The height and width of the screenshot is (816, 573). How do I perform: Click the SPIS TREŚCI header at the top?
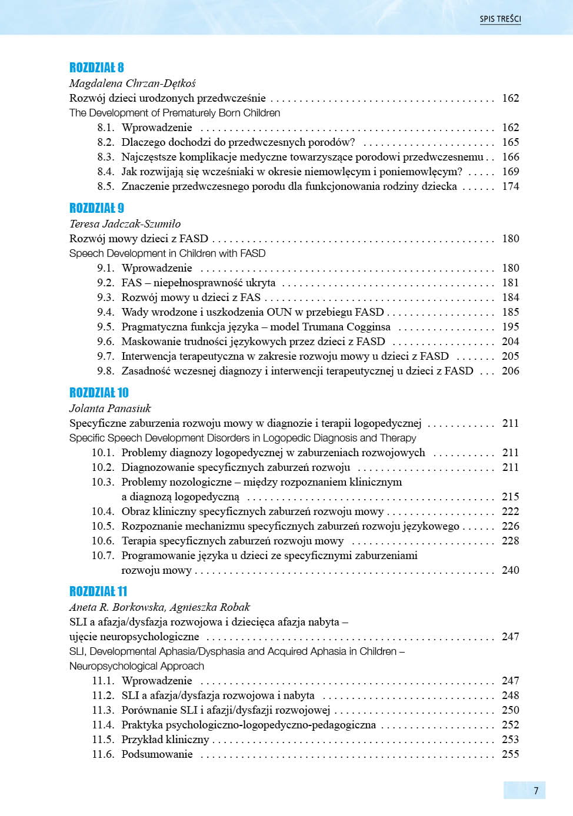tap(500, 19)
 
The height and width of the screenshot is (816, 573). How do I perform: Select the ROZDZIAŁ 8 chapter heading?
tap(96, 68)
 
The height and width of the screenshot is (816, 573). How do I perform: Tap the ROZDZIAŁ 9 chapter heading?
tap(96, 208)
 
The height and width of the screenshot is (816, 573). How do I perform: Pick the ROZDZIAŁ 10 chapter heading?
tap(99, 393)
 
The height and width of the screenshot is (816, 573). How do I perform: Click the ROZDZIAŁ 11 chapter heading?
tap(98, 591)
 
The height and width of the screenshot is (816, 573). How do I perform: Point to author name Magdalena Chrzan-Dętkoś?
tap(132, 83)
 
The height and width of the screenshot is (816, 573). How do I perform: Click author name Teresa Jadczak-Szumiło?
tap(125, 224)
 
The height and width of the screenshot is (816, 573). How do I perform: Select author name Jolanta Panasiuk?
tap(110, 409)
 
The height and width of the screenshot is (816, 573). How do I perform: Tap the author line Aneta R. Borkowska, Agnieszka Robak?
tap(159, 607)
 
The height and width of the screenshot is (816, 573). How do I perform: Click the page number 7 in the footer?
tap(536, 791)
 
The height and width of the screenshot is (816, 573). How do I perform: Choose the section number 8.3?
tap(106, 157)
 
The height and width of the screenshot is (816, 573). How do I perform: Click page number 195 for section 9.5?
tap(510, 327)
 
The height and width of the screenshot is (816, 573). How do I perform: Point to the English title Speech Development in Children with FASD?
tap(167, 253)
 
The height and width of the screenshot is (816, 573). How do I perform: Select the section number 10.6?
tap(103, 541)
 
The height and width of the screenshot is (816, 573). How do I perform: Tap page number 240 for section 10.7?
tap(510, 570)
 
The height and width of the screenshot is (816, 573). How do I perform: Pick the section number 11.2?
tap(103, 695)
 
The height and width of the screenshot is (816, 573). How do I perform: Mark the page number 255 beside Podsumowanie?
tap(510, 754)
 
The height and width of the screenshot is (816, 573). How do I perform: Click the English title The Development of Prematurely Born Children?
tap(175, 113)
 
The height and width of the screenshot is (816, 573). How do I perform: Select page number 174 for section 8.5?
tap(510, 186)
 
